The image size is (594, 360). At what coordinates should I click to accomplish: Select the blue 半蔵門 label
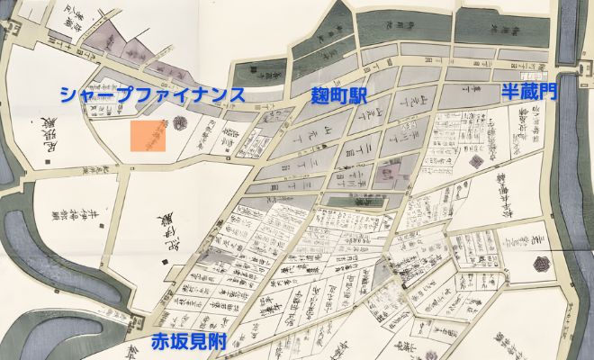531,93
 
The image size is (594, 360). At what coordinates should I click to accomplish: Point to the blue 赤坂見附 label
187,340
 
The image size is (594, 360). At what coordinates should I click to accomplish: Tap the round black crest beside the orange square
179,125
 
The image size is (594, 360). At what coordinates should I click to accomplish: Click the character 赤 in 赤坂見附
160,340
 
